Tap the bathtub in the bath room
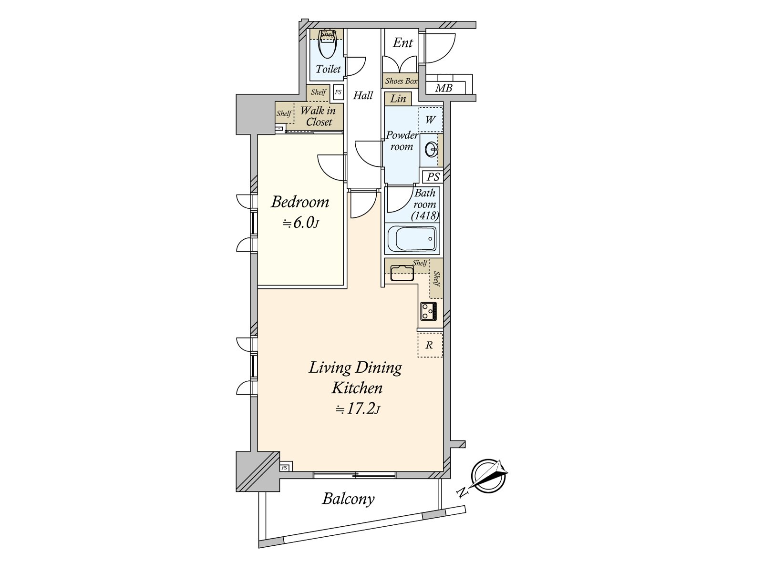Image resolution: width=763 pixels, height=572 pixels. pos(412,239)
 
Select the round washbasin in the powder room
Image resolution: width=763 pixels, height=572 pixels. pos(432,150)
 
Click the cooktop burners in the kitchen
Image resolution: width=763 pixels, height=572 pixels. pos(429,311)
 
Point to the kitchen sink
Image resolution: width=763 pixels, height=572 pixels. pos(402,273)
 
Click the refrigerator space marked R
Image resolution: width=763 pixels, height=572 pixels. pos(430,345)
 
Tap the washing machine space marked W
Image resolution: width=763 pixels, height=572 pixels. pos(430,120)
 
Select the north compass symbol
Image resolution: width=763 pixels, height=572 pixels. pos(488,476)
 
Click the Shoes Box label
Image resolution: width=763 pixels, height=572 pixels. pos(401,81)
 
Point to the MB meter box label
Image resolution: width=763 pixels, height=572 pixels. pos(444,88)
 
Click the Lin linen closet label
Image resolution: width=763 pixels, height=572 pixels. pos(398,99)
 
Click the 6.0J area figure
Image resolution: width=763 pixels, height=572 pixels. pos(300,223)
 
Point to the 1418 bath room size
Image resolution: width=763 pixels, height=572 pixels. pos(425,216)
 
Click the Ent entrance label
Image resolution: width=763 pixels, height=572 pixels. pos(403,43)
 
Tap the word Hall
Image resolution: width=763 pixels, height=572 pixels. pos(363,95)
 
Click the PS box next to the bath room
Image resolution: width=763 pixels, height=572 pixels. pos(433,177)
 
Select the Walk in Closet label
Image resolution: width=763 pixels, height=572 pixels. pos(319,116)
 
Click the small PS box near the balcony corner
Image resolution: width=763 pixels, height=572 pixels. pos(285,468)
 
